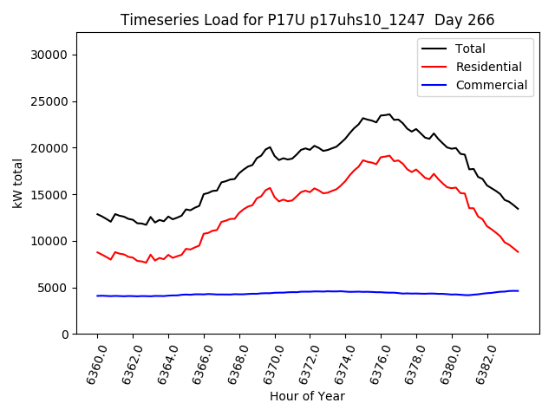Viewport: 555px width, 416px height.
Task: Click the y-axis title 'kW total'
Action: click(x=17, y=183)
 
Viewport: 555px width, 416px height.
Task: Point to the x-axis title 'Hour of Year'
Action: click(x=307, y=396)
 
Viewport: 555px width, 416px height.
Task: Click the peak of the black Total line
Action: click(x=389, y=114)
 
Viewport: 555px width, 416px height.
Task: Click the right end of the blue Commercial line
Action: click(x=518, y=291)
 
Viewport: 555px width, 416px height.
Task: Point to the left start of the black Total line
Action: click(x=97, y=214)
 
